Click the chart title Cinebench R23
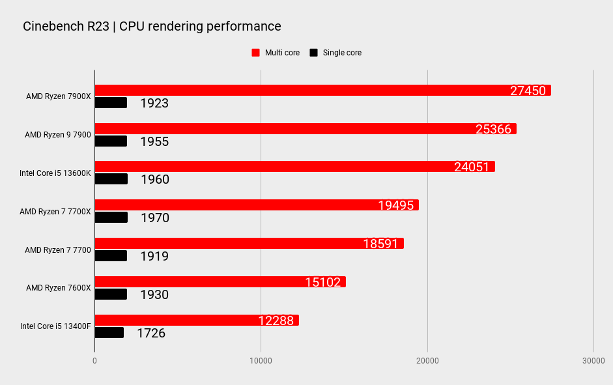[152, 27]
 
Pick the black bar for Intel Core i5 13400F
[109, 333]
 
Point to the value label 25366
[493, 129]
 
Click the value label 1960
[155, 179]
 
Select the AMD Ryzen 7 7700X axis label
[55, 212]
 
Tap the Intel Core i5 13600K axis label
[55, 173]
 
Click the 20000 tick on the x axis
[427, 361]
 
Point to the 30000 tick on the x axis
[593, 361]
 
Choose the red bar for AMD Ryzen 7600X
[220, 282]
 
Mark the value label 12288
[276, 321]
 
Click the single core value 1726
[151, 333]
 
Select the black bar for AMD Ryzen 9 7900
[111, 141]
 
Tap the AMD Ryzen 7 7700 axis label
[57, 250]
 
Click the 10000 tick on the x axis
[261, 361]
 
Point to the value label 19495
[396, 206]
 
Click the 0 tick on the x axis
[95, 361]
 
